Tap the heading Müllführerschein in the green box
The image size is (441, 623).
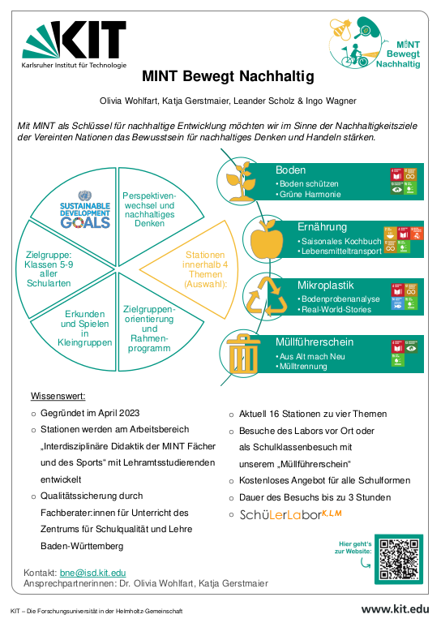point(315,342)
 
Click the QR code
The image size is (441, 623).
point(400,560)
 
